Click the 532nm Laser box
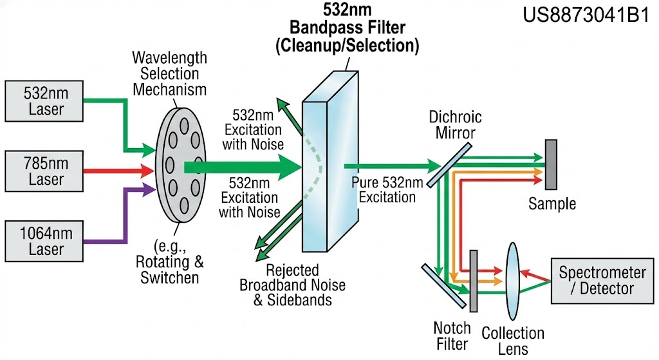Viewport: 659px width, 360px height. point(44,100)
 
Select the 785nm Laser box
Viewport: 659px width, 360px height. point(44,171)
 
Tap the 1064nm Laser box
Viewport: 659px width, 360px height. point(44,240)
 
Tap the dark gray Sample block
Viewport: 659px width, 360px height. point(550,164)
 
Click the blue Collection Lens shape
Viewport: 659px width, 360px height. point(512,281)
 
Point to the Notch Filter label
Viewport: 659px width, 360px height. point(452,336)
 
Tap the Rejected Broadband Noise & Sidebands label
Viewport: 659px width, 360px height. point(292,285)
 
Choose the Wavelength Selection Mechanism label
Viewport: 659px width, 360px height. point(170,74)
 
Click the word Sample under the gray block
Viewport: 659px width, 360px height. point(552,205)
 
